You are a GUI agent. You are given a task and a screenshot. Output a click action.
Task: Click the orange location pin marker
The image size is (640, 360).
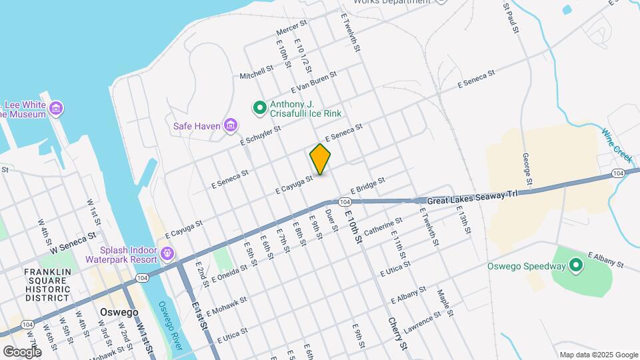point(321,159)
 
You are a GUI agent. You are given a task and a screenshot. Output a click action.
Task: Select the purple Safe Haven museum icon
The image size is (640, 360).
point(231,125)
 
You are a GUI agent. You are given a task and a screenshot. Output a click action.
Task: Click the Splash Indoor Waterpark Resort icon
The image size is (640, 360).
point(166,254)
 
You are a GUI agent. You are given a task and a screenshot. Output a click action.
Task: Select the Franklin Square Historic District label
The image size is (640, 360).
point(47,285)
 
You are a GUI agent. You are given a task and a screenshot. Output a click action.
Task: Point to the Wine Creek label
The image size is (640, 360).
point(617,143)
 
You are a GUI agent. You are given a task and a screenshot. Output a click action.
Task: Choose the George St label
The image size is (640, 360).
point(527,169)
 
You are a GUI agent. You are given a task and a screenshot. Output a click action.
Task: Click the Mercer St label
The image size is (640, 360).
point(291,27)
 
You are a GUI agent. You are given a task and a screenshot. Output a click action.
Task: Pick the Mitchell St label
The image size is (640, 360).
point(257,71)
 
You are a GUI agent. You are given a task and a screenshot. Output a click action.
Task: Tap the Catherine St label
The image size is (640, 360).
point(383,230)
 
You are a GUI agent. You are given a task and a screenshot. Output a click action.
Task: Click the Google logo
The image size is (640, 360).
point(22,351)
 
